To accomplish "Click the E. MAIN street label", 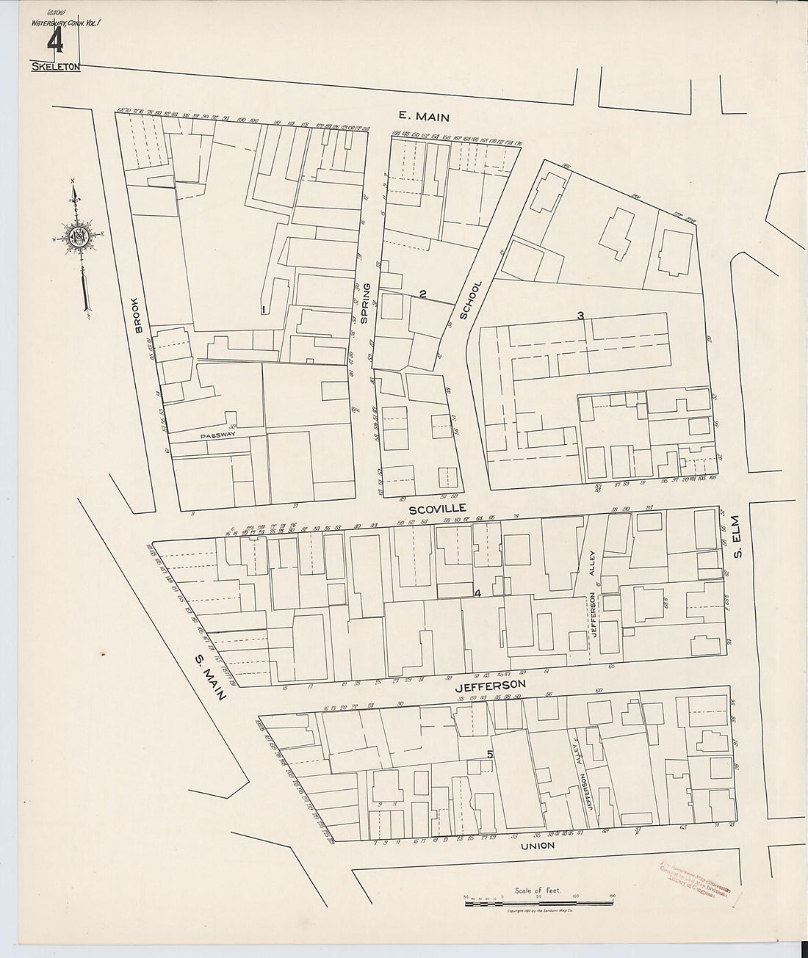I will click(x=422, y=115).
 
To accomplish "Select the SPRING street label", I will click(x=363, y=303).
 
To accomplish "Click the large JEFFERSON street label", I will click(x=489, y=686).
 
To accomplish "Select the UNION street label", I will click(x=538, y=845).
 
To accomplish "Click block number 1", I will click(x=262, y=310).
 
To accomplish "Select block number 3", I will click(x=580, y=316).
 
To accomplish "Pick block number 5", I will click(x=489, y=755).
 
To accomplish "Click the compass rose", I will click(x=79, y=239).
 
